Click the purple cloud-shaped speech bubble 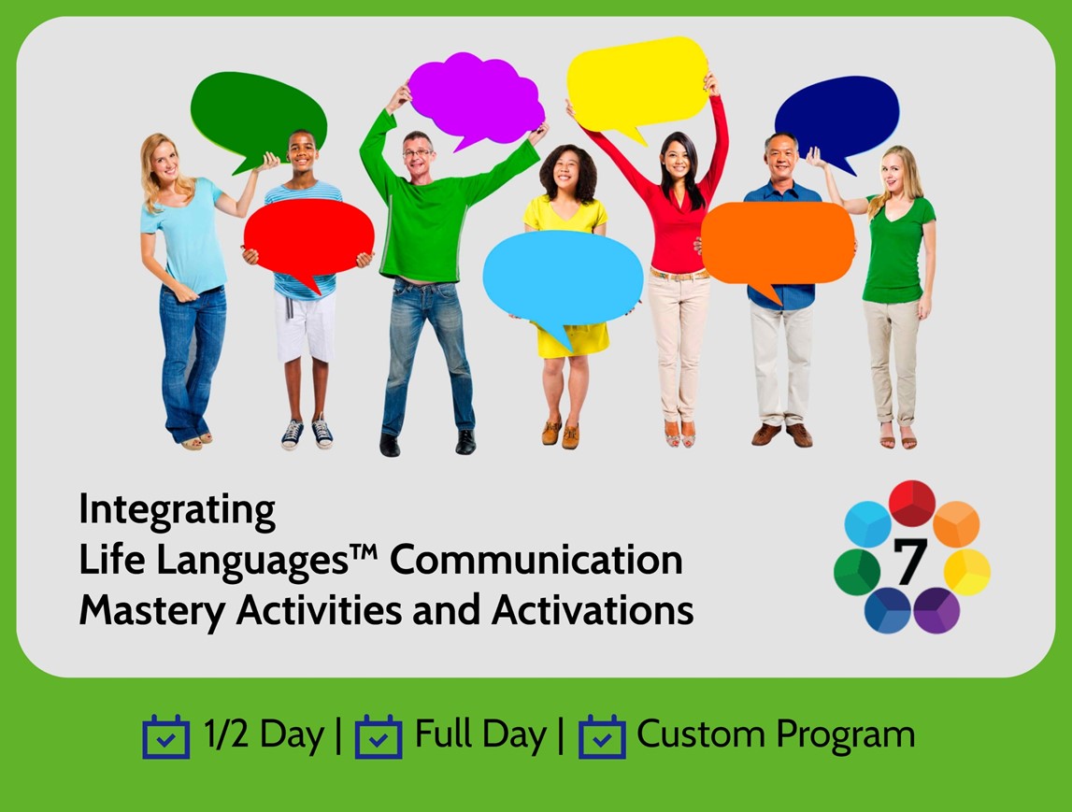coord(475,98)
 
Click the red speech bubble coord(308,237)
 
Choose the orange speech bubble coord(778,242)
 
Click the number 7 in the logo coord(910,562)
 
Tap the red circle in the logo coord(912,503)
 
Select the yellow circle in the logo coord(966,572)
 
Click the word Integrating coord(177,510)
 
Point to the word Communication coord(536,561)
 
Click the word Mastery coord(151,611)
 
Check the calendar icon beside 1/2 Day coord(165,737)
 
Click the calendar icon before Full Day coord(379,737)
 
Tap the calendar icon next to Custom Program coord(602,737)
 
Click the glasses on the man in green coord(418,152)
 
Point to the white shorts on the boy coord(305,326)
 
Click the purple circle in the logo coord(936,610)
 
